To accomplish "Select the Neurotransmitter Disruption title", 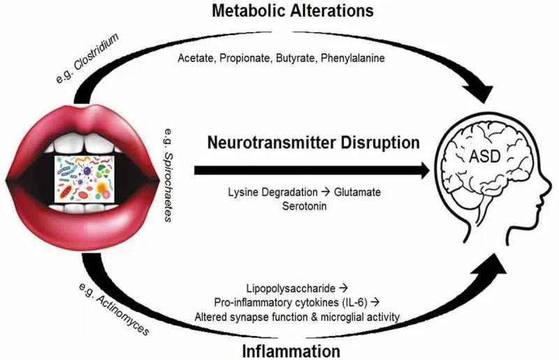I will click(x=314, y=143).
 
